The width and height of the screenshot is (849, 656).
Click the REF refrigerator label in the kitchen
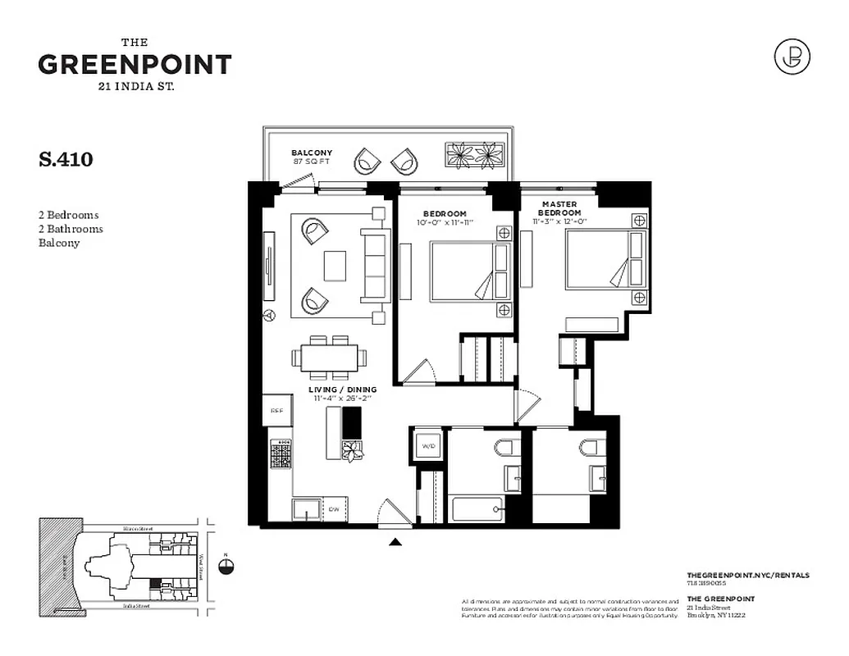[276, 412]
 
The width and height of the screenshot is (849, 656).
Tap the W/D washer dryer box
[429, 446]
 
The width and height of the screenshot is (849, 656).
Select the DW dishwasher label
[333, 508]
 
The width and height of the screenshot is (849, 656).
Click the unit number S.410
[66, 159]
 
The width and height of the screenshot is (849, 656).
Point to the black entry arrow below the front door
[395, 541]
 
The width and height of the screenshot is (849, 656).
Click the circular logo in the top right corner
[792, 57]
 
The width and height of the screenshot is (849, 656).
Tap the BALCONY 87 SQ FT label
[312, 157]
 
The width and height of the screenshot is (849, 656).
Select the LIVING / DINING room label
[343, 394]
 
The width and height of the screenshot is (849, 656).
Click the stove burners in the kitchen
[281, 454]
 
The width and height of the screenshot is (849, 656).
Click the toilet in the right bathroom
[588, 448]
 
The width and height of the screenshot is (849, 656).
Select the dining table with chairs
[328, 358]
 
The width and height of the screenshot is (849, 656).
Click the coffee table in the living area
[335, 266]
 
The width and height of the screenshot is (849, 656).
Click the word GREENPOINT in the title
[135, 64]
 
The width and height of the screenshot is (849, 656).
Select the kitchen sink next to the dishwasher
[306, 509]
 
